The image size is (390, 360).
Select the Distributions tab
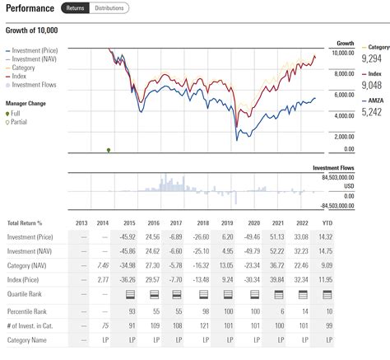pyautogui.click(x=109, y=8)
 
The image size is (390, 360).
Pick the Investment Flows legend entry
pyautogui.click(x=35, y=84)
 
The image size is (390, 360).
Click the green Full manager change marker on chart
pyautogui.click(x=109, y=149)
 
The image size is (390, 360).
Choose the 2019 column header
pyautogui.click(x=228, y=222)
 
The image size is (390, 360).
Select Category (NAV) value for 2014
pyautogui.click(x=103, y=266)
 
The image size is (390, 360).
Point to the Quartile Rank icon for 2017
pyautogui.click(x=176, y=295)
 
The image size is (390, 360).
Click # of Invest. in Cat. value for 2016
pyautogui.click(x=152, y=326)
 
